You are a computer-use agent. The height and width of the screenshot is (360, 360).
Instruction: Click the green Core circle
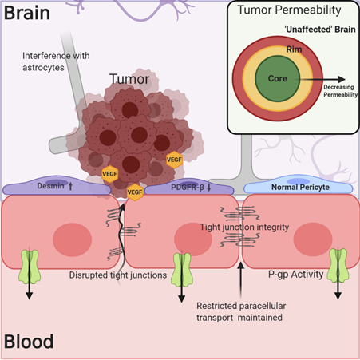coord(278,78)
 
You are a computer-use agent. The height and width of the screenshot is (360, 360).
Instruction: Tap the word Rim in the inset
coord(294,49)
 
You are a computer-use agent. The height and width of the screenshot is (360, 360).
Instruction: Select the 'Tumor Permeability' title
coord(289,10)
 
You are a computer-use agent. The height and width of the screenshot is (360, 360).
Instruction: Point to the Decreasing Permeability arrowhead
coord(342,79)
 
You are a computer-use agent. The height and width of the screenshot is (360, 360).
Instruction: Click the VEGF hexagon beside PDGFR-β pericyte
coord(135,192)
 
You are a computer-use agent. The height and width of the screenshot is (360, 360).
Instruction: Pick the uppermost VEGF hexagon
coord(174,160)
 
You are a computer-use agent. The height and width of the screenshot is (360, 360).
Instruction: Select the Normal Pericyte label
coord(300,187)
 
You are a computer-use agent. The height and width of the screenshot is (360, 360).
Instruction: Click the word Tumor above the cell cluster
coord(129,79)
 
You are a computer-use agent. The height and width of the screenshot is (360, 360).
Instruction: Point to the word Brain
coord(27,13)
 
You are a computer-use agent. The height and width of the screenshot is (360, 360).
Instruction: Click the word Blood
coord(29,342)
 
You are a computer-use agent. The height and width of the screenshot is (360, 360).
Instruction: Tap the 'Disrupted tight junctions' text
coord(118,275)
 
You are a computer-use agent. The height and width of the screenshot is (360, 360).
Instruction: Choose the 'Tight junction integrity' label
coord(244,227)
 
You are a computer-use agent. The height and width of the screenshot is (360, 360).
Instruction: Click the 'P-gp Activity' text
coord(295,275)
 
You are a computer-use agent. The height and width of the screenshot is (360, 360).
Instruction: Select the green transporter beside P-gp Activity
coord(338,265)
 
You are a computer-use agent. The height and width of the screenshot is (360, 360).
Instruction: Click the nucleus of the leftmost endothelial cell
coord(72,239)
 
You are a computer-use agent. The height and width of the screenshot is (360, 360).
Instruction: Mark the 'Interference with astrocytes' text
coord(56,61)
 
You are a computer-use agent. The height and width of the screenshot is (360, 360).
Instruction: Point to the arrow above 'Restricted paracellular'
coord(240,280)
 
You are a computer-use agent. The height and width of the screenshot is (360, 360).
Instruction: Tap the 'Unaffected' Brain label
coord(320,30)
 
